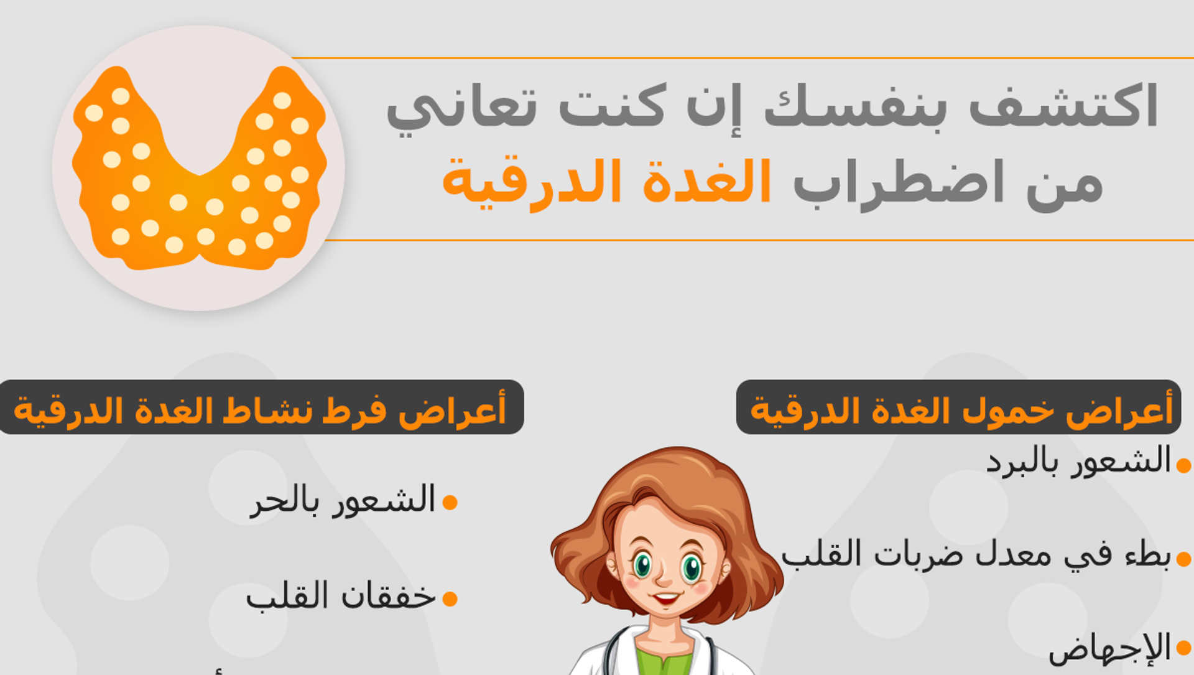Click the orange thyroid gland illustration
199,168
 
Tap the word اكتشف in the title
1063,106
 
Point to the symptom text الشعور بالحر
343,500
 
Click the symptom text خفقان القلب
341,596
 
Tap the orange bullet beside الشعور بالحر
450,502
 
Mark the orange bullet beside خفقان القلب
450,598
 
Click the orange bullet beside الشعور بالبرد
1184,465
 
